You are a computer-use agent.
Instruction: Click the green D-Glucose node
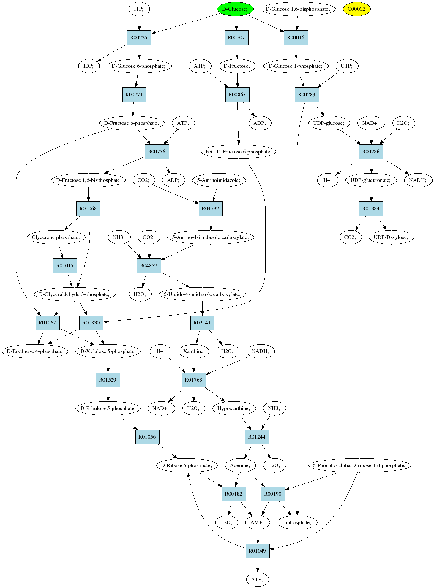pyautogui.click(x=235, y=9)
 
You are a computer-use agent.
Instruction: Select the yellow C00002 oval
pyautogui.click(x=356, y=9)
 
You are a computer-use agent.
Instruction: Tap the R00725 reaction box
pyautogui.click(x=139, y=37)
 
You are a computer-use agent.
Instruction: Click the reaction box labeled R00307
pyautogui.click(x=236, y=37)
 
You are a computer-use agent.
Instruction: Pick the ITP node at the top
pyautogui.click(x=139, y=9)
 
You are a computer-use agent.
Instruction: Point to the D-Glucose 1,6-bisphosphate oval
pyautogui.click(x=298, y=9)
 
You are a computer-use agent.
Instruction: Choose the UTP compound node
pyautogui.click(x=347, y=66)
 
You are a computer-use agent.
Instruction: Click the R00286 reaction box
pyautogui.click(x=371, y=152)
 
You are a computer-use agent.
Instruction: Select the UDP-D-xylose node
pyautogui.click(x=391, y=237)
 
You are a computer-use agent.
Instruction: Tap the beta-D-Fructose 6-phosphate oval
pyautogui.click(x=238, y=152)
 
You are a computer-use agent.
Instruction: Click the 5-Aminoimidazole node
pyautogui.click(x=219, y=180)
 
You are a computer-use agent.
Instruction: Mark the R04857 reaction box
pyautogui.click(x=149, y=266)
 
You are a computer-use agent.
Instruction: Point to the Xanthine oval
pyautogui.click(x=194, y=351)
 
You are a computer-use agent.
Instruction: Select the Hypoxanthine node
pyautogui.click(x=234, y=408)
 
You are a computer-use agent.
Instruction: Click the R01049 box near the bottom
pyautogui.click(x=258, y=551)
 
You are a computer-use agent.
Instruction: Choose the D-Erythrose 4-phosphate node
pyautogui.click(x=35, y=351)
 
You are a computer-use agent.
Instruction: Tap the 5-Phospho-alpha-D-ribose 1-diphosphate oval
pyautogui.click(x=359, y=465)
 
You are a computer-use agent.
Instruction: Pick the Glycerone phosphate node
pyautogui.click(x=56, y=237)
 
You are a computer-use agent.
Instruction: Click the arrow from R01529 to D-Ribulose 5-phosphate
pyautogui.click(x=108, y=394)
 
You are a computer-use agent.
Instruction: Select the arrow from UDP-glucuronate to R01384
pyautogui.click(x=371, y=194)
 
